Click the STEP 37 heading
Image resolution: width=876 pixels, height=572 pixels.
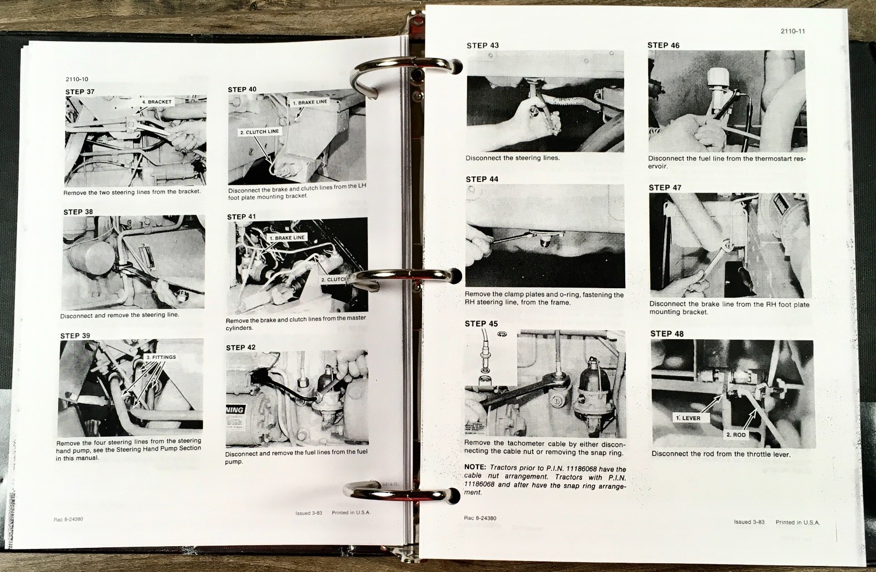click(x=79, y=91)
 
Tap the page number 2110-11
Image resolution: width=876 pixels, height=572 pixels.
click(x=793, y=31)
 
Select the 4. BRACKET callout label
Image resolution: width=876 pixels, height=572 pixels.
click(x=157, y=102)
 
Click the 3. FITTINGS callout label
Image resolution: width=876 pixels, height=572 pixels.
click(x=161, y=357)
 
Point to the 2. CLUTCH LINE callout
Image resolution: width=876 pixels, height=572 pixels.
click(x=259, y=131)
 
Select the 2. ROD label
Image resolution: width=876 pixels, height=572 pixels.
click(x=736, y=434)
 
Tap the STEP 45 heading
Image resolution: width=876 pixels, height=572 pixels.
click(x=481, y=324)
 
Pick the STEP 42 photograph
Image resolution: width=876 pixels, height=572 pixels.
click(x=297, y=399)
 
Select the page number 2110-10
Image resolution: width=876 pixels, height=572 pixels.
click(x=77, y=79)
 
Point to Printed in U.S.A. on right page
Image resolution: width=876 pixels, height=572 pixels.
click(x=797, y=522)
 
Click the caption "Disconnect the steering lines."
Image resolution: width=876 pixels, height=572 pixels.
click(x=512, y=158)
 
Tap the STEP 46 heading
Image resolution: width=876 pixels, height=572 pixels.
click(x=663, y=45)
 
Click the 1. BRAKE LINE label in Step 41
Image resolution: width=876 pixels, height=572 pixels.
click(x=287, y=238)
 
